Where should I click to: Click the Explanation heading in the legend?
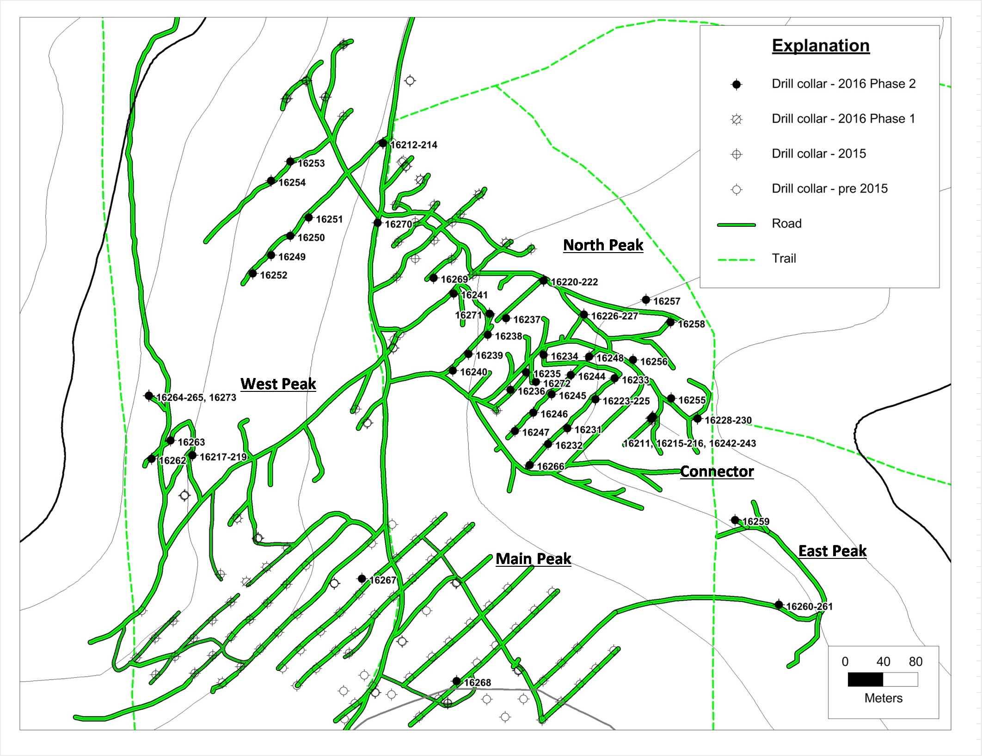click(821, 45)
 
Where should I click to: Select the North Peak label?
click(603, 245)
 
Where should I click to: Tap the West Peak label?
click(278, 384)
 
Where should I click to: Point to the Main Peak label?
click(534, 558)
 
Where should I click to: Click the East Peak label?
click(832, 551)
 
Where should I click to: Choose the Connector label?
click(717, 471)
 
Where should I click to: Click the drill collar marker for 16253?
click(290, 161)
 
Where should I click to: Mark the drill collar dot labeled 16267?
click(362, 579)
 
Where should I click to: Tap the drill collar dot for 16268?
click(456, 681)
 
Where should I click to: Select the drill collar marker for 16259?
click(735, 520)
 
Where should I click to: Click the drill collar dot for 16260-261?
click(779, 605)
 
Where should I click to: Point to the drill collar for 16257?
click(646, 300)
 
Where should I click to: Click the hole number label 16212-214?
click(414, 145)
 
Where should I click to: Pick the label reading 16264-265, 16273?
click(196, 397)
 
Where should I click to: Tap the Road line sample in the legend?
click(736, 225)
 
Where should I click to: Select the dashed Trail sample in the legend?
click(736, 260)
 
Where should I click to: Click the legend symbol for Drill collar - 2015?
click(736, 154)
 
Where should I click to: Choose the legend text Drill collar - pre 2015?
click(829, 188)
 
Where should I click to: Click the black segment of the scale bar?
click(865, 679)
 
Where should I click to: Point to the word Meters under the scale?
click(883, 698)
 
